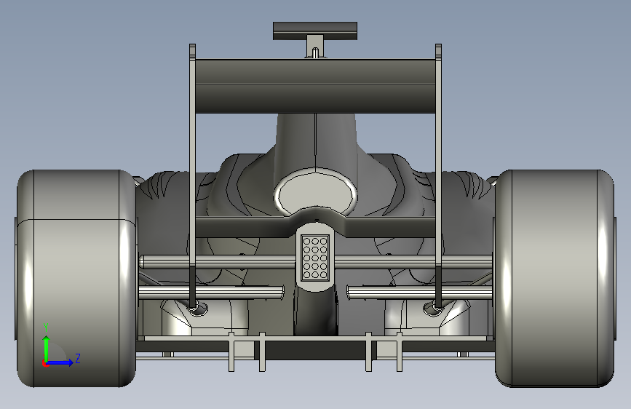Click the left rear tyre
point(76,279)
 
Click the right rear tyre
point(555,279)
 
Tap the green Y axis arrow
point(47,349)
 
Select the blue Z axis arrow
point(59,362)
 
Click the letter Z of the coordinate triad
point(78,358)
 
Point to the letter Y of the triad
point(47,327)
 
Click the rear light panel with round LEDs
point(315,258)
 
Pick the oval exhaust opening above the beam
point(315,194)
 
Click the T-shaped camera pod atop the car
point(315,36)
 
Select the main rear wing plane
point(315,86)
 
